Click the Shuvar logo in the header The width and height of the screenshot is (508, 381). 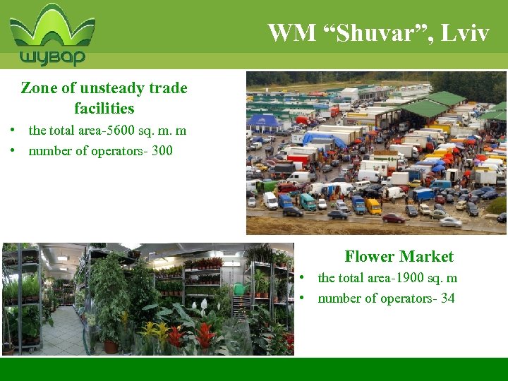(52, 35)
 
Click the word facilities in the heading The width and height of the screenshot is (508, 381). (104, 108)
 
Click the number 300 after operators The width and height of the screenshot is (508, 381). (162, 150)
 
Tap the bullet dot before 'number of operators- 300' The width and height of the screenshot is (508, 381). (13, 150)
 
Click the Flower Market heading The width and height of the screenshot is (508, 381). (399, 256)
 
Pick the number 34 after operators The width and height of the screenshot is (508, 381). (447, 298)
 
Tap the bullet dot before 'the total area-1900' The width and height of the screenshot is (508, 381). (303, 278)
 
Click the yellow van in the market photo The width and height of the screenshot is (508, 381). (373, 206)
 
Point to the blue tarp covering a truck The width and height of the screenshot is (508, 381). (319, 139)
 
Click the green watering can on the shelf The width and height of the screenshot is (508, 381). (240, 289)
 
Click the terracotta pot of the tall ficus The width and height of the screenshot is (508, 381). (110, 346)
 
